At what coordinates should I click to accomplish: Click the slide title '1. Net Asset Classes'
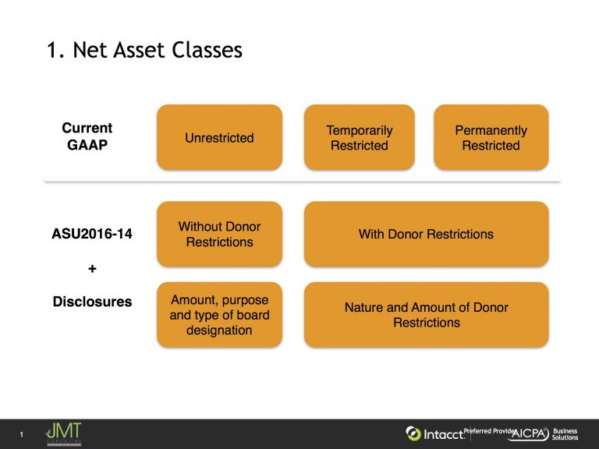point(144,50)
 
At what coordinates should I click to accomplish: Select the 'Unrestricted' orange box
point(219,138)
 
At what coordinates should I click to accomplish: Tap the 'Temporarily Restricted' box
point(359,138)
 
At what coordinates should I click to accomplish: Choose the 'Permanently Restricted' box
point(491,138)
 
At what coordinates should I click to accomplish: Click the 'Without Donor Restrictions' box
point(219,234)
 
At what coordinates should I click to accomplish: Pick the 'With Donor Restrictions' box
point(426,234)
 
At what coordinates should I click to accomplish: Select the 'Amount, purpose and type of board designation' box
point(219,314)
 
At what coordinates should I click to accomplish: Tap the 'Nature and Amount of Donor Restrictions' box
point(426,315)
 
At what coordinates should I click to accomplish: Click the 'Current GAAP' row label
point(87,136)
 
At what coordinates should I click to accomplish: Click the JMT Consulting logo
point(63,434)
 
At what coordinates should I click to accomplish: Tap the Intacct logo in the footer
point(434,433)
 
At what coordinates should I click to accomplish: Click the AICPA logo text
point(529,434)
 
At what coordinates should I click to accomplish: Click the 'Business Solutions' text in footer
point(565,434)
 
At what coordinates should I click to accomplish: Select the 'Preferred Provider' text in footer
point(489,430)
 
